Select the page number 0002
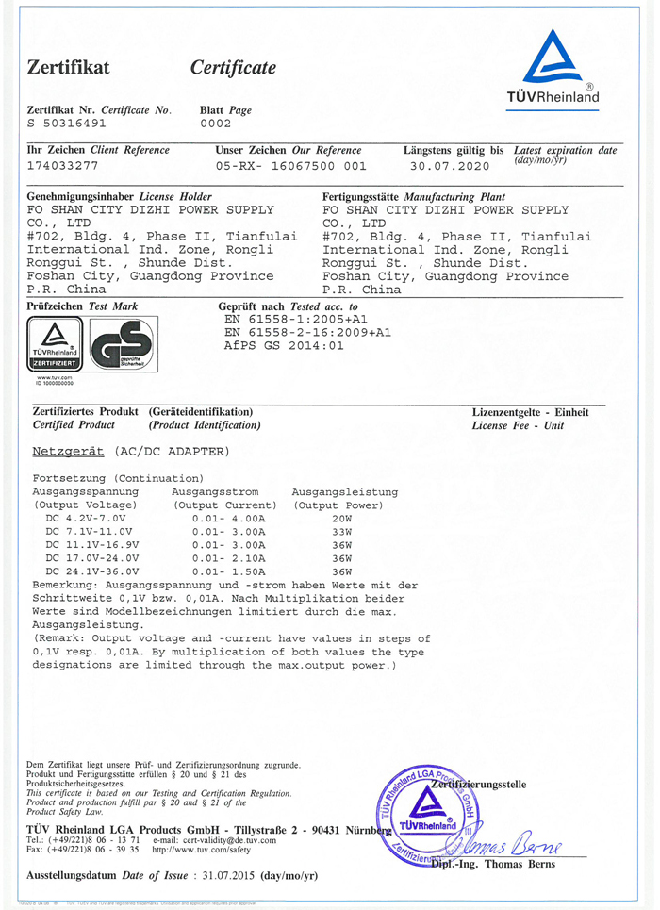click(216, 124)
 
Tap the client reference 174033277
click(63, 165)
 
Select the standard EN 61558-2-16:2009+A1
click(307, 333)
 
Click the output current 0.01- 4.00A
click(228, 519)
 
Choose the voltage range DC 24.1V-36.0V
click(92, 571)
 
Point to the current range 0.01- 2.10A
click(228, 558)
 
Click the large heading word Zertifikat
click(69, 68)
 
